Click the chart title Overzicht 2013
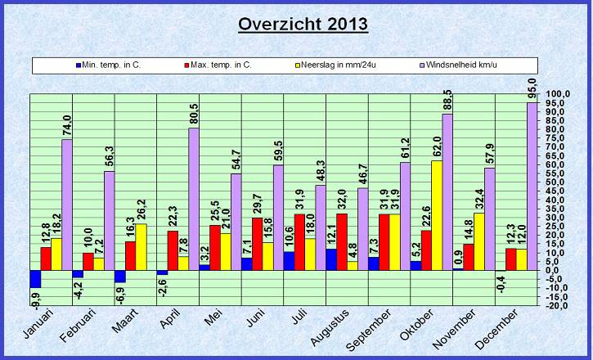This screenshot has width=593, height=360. pyautogui.click(x=303, y=24)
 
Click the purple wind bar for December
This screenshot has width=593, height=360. pyautogui.click(x=532, y=187)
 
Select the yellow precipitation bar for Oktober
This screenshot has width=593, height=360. pyautogui.click(x=437, y=215)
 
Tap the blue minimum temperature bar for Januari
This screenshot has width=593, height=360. pyautogui.click(x=35, y=279)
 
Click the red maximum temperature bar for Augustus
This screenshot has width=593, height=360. pyautogui.click(x=342, y=241)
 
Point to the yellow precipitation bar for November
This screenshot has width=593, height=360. pyautogui.click(x=479, y=241)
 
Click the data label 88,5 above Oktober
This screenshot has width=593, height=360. pyautogui.click(x=447, y=101)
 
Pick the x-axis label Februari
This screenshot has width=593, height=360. pyautogui.click(x=81, y=326)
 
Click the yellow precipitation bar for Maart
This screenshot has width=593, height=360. pyautogui.click(x=141, y=247)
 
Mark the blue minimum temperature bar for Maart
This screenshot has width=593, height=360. pyautogui.click(x=120, y=276)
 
